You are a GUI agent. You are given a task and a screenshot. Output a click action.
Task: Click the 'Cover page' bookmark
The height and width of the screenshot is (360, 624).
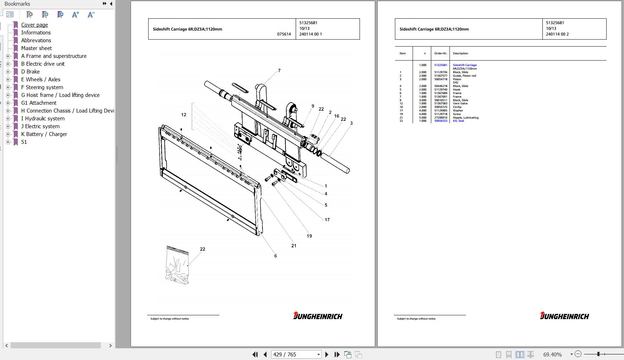(34, 25)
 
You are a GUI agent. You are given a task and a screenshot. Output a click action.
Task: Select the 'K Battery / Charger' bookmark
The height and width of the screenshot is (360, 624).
(44, 134)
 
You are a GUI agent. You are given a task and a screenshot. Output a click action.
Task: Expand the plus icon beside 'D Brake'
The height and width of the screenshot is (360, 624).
(8, 72)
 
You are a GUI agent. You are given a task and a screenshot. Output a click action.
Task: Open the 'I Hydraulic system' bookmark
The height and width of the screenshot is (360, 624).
(43, 119)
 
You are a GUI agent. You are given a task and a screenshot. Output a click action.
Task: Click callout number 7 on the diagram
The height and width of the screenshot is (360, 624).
(279, 71)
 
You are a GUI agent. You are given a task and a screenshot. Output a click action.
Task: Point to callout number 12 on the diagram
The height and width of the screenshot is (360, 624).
(184, 115)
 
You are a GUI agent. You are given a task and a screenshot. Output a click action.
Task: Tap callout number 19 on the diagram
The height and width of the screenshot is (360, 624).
(309, 236)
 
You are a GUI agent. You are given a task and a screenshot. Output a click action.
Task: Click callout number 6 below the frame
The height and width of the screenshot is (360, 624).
(275, 256)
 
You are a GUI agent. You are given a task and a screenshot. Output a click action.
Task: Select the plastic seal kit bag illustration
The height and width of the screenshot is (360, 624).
(177, 265)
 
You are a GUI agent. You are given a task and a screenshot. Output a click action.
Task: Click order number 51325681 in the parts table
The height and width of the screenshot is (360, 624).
(440, 65)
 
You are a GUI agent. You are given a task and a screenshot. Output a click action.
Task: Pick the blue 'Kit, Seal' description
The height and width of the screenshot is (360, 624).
(458, 121)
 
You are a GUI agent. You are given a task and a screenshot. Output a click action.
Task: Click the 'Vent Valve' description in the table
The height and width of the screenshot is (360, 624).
(460, 104)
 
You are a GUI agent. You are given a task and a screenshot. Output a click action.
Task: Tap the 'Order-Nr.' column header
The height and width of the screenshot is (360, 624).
(440, 54)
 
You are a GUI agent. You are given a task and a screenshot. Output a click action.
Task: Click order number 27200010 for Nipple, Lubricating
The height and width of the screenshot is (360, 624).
(440, 118)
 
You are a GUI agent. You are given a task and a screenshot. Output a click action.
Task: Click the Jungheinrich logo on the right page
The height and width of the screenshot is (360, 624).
(564, 316)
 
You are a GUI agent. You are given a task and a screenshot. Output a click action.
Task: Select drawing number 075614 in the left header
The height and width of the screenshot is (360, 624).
(284, 34)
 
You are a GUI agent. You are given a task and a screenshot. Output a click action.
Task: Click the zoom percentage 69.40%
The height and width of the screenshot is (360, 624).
(552, 354)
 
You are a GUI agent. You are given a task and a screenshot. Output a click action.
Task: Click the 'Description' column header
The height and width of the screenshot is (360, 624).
(460, 54)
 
